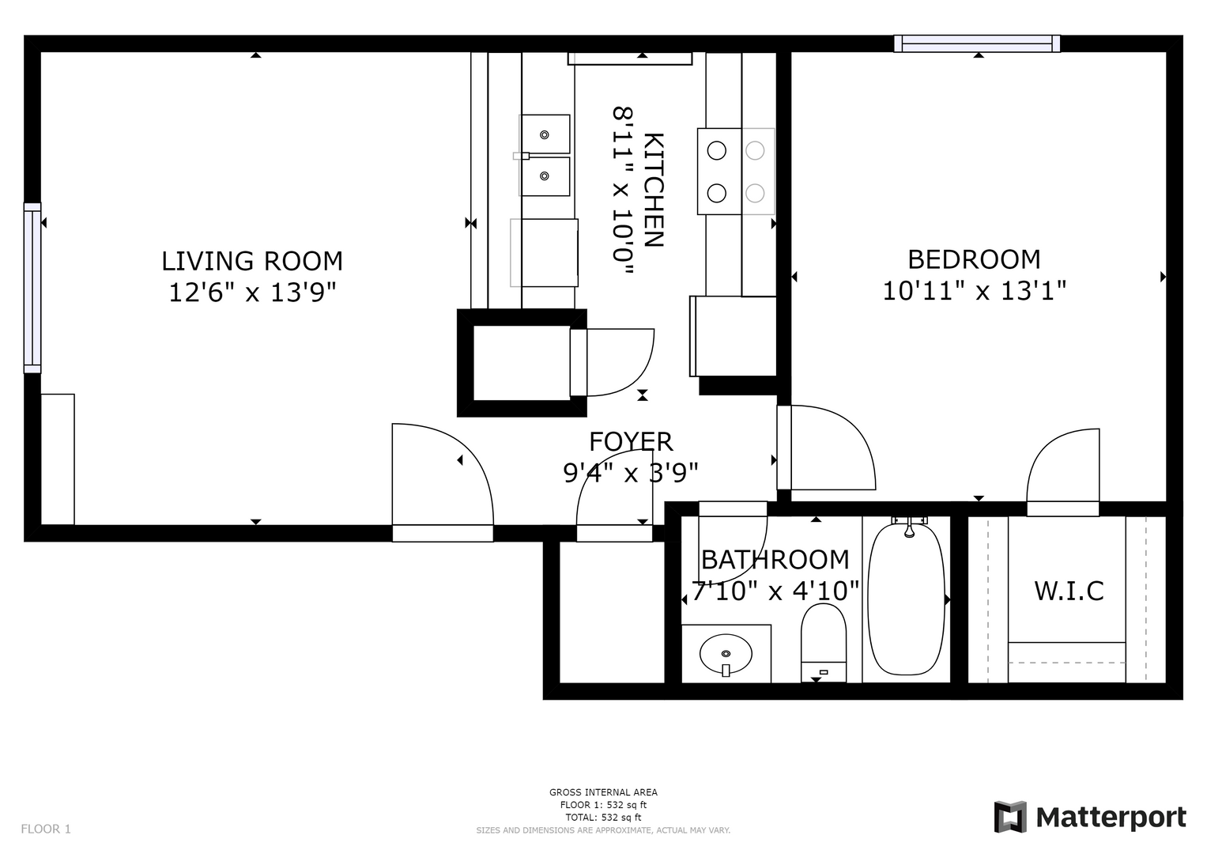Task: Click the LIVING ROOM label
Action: [252, 261]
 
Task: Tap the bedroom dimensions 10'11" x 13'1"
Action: [975, 291]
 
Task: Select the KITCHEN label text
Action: [654, 190]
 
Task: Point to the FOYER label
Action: [631, 442]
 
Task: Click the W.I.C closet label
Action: [1069, 591]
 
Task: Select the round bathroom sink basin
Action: [726, 653]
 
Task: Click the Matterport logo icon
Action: [1010, 817]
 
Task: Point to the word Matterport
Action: [1111, 818]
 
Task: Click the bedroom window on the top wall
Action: [977, 43]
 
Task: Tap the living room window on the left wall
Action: [32, 288]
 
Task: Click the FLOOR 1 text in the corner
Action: [46, 829]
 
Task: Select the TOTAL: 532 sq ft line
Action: [603, 818]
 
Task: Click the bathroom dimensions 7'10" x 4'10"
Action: [775, 591]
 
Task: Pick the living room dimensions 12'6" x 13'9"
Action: [252, 293]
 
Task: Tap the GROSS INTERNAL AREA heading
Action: [603, 792]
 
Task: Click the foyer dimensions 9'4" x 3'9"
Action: [631, 474]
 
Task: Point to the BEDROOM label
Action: [975, 259]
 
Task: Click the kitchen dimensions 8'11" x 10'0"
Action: [622, 191]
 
